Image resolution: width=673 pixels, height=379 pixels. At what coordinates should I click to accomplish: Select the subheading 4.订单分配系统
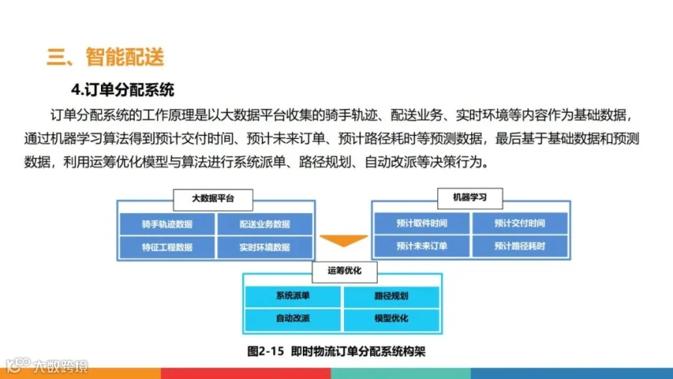[x=123, y=90]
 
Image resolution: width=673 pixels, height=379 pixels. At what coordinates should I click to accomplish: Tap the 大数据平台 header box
[x=212, y=199]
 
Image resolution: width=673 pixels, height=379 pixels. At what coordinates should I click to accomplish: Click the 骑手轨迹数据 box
[x=167, y=224]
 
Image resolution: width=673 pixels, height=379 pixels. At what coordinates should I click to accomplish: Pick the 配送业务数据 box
[x=265, y=224]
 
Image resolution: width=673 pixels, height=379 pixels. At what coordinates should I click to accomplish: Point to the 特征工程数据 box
[x=167, y=247]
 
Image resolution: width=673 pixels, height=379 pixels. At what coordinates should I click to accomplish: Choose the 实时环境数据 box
[x=265, y=247]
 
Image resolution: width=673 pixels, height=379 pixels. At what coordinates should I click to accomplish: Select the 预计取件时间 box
[x=422, y=223]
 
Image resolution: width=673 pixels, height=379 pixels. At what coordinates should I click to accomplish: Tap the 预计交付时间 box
[x=520, y=223]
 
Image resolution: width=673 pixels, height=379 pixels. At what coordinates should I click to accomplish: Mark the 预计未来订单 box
[x=422, y=246]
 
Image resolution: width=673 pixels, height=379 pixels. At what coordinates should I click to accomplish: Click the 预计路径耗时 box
[x=520, y=246]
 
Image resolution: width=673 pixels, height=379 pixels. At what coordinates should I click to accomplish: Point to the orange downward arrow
[x=343, y=241]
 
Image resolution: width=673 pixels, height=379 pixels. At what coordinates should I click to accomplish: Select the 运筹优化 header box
[x=344, y=271]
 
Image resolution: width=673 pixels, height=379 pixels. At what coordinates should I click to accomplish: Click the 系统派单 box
[x=293, y=295]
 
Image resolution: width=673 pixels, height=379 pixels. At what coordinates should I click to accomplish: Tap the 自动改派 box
[x=293, y=319]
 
